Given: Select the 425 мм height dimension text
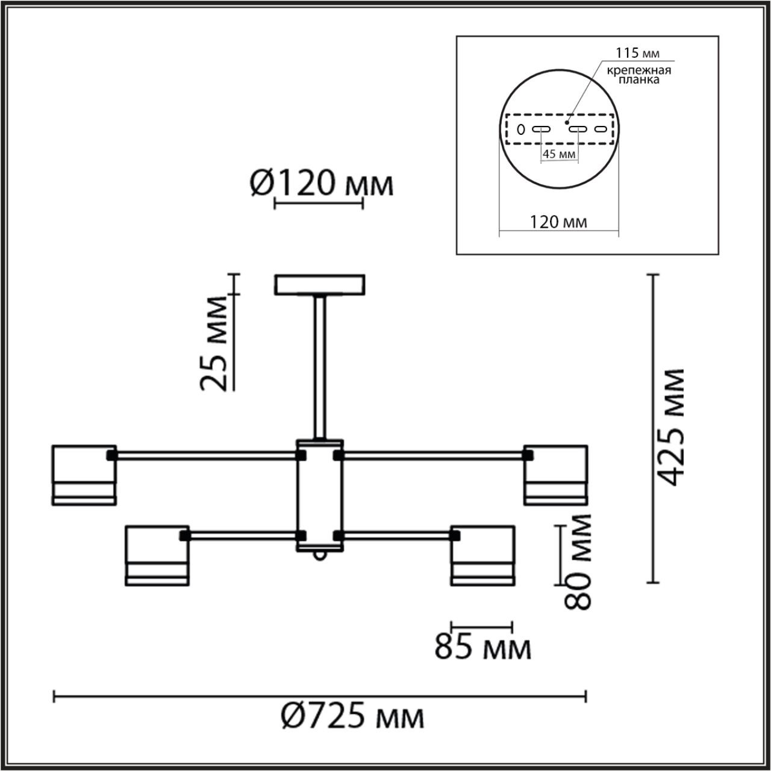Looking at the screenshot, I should coord(670,428).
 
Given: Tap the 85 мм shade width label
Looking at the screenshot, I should coord(483,648).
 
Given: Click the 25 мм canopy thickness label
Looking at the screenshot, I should coord(215,344).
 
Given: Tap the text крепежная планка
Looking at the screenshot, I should coord(638,75).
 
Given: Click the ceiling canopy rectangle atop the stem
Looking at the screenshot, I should coord(320,285).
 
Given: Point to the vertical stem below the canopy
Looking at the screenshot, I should coord(320,367).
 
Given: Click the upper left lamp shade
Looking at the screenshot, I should coord(84,475).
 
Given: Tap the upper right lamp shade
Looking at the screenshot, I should coord(555,475).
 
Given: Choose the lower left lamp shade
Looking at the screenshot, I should coord(158,555).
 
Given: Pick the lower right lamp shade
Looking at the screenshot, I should coord(482,555).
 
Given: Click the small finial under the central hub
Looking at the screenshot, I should coord(320,555).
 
